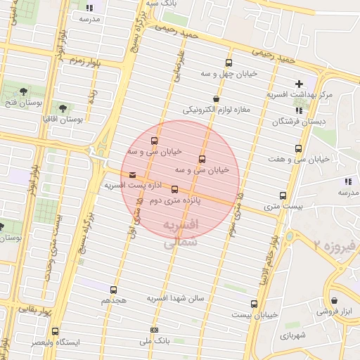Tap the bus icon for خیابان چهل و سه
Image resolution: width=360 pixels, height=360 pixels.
pos(229,63)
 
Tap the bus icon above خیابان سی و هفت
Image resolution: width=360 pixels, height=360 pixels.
pos(299,149)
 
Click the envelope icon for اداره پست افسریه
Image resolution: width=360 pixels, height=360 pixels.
pos(133,175)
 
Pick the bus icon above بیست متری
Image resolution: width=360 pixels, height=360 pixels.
pos(283,196)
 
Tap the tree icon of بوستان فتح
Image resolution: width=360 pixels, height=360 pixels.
pos(24,91)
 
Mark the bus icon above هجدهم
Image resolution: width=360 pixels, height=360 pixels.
pos(114,290)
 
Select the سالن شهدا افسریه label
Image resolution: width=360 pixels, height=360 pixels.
pos(175,298)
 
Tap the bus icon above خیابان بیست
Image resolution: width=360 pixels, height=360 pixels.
pos(254,304)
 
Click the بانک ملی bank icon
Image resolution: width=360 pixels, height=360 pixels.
pos(155,330)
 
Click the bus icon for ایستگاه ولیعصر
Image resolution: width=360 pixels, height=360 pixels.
pos(56,331)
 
